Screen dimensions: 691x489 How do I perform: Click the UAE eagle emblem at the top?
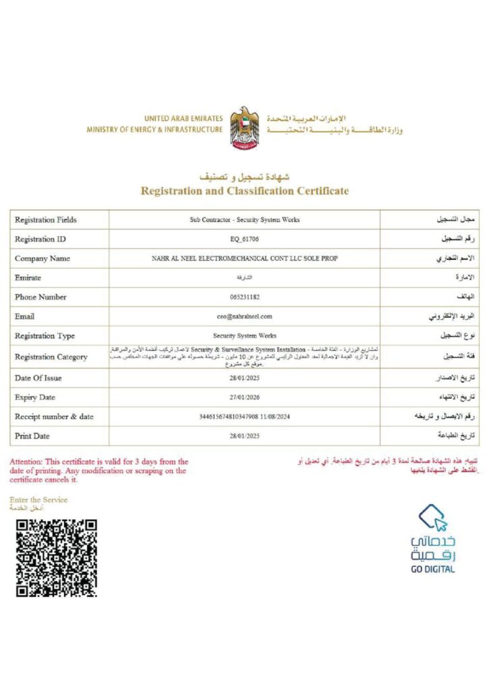tap(244, 127)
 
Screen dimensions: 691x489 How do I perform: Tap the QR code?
tap(57, 557)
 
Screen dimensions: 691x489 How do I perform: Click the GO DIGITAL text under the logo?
tap(433, 569)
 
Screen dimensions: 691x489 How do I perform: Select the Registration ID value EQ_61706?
tap(244, 239)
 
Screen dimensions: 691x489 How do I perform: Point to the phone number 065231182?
tap(244, 297)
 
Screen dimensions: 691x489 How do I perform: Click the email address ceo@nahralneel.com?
tap(244, 316)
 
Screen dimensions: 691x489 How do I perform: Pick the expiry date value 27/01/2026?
tap(244, 397)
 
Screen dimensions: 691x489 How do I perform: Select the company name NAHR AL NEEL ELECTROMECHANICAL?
tap(244, 258)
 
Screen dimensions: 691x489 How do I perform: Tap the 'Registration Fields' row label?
tap(46, 220)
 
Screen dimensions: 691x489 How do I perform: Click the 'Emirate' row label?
tap(28, 277)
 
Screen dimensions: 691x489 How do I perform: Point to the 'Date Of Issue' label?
tap(39, 378)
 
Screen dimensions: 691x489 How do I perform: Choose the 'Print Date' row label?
tap(32, 436)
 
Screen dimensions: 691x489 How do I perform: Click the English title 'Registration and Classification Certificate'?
tap(244, 191)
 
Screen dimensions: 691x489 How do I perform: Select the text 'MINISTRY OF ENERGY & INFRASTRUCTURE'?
tap(154, 130)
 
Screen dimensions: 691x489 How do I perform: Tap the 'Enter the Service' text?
tap(38, 499)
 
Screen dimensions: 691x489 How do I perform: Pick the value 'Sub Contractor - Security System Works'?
tap(244, 220)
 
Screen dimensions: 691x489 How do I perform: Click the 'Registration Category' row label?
tap(51, 357)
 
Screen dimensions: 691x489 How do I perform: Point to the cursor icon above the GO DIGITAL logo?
tap(434, 519)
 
